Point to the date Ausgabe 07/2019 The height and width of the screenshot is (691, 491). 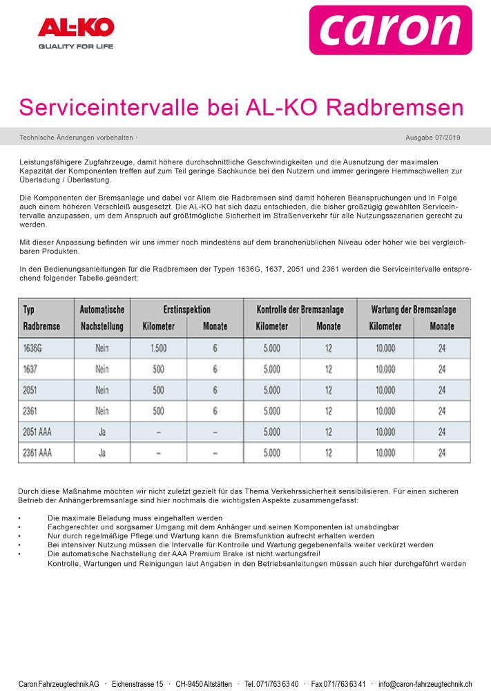tap(433, 138)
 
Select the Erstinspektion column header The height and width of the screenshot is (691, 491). tap(186, 309)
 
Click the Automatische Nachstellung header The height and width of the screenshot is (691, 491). tap(102, 317)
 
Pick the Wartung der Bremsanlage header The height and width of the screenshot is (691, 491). tap(414, 309)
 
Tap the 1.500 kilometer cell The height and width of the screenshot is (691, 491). tap(158, 348)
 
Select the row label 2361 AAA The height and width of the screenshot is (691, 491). tap(37, 453)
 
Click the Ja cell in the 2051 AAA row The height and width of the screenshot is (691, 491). tap(102, 433)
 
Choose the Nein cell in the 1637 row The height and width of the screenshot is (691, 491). tap(102, 369)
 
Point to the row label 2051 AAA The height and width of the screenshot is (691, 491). tap(37, 433)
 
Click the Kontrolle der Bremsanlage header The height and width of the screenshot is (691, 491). tap(300, 309)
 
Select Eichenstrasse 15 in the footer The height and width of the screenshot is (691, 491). tap(137, 683)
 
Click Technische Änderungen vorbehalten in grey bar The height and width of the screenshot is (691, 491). tap(77, 138)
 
